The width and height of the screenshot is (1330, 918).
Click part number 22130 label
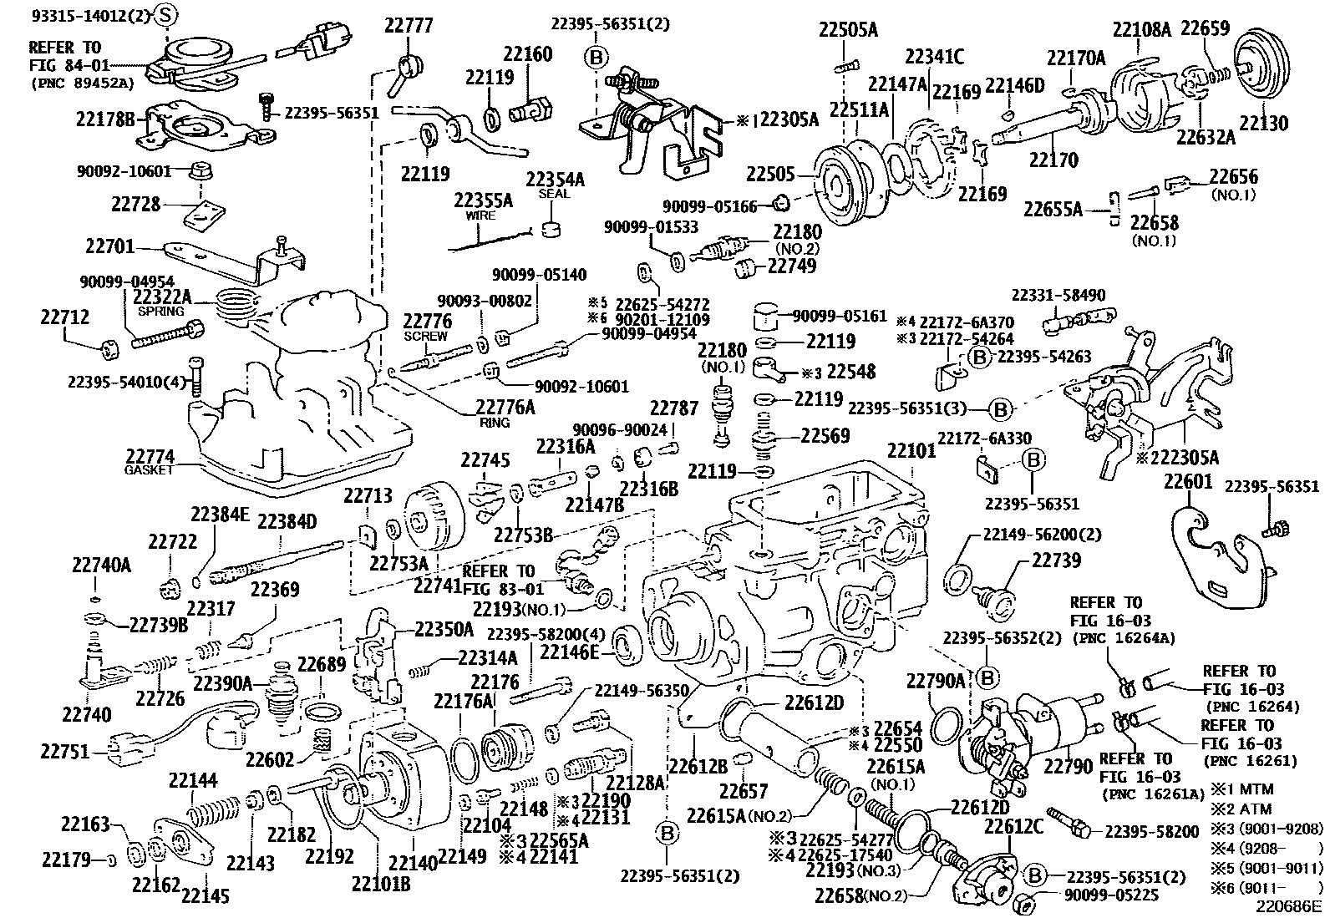pos(1263,123)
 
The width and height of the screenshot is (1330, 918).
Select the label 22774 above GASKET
pos(150,457)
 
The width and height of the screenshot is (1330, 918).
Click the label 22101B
pos(380,883)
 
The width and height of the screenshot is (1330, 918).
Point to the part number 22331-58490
pos(1058,295)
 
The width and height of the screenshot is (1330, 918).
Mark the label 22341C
pos(934,56)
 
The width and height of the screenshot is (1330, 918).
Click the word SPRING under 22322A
pos(160,311)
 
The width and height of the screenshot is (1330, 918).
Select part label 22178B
pos(104,119)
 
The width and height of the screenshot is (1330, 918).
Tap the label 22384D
pos(287,522)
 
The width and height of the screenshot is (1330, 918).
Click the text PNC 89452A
pos(84,83)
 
